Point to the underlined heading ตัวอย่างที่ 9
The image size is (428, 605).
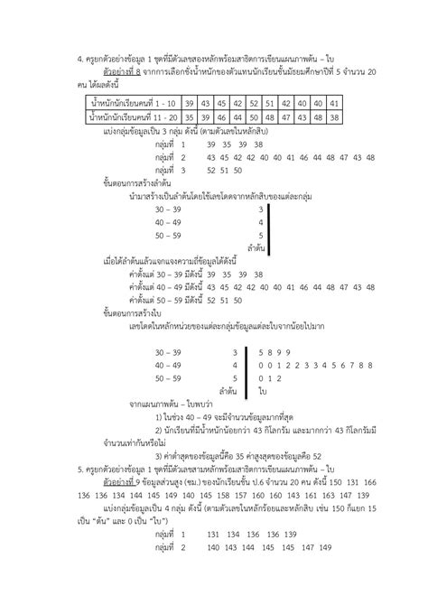click(x=124, y=483)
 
